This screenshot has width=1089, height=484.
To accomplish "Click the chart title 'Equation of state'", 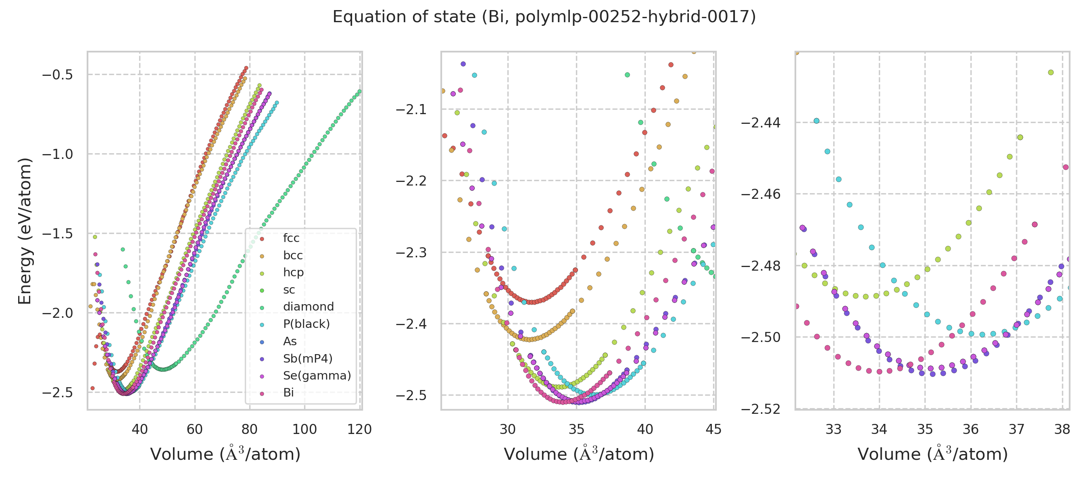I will [544, 17].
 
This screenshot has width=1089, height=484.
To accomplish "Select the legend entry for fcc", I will [291, 238].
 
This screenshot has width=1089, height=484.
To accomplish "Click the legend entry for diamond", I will [308, 307].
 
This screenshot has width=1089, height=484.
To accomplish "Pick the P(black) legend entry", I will [306, 324].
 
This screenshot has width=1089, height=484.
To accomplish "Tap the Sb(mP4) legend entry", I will [307, 359].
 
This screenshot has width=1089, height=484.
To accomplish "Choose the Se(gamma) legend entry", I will [317, 376].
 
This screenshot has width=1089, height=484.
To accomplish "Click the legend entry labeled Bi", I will [288, 393].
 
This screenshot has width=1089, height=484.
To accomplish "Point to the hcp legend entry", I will [293, 273].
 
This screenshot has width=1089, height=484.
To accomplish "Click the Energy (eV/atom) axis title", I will [25, 231].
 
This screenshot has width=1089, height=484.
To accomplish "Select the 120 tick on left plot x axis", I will [359, 430].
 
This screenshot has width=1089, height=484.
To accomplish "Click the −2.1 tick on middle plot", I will [411, 109].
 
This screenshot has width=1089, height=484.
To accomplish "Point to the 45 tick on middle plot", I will [713, 430].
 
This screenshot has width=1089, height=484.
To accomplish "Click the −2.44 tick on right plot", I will [761, 123].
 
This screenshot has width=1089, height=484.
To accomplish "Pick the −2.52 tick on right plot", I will [761, 409].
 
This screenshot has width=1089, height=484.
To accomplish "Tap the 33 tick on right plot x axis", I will [834, 430].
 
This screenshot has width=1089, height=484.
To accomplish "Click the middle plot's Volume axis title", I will [579, 455].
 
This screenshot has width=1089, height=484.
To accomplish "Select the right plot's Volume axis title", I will [933, 455].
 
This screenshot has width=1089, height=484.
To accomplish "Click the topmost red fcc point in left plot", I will [246, 68].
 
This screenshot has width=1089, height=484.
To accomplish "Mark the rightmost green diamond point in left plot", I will [359, 91].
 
